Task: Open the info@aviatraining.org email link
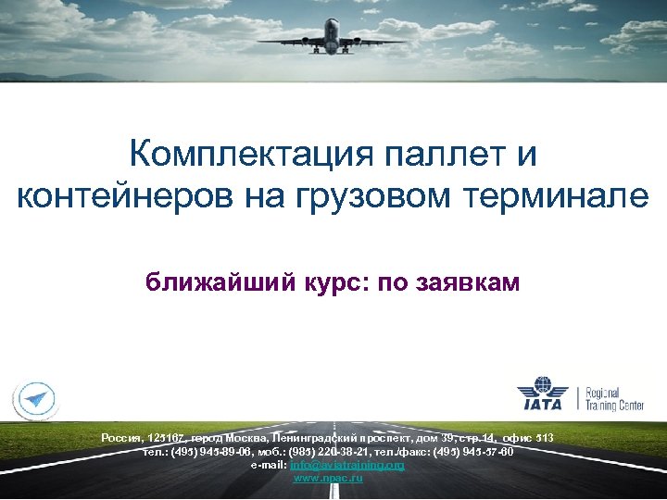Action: tap(347, 465)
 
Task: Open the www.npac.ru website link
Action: tap(328, 478)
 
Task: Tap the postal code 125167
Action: tap(165, 437)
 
